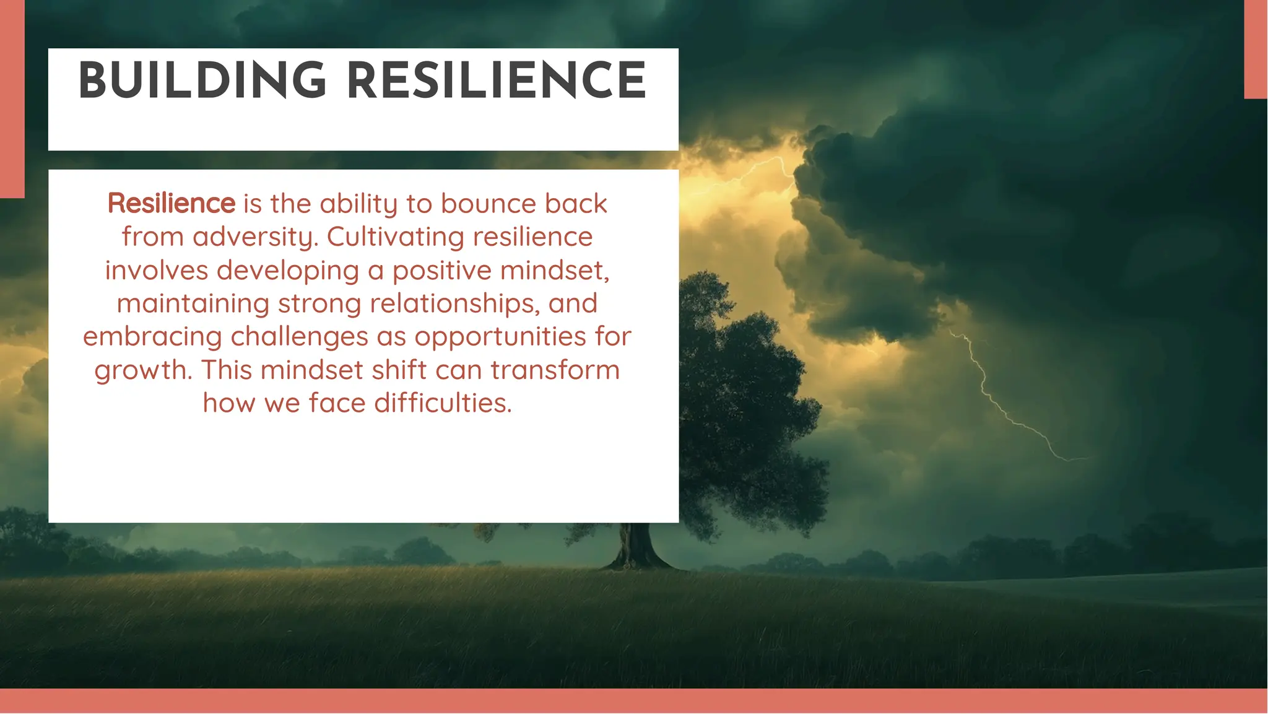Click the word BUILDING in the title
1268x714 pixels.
pos(202,81)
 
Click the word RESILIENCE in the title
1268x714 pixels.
pos(497,81)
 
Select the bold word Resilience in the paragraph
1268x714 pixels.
pos(171,203)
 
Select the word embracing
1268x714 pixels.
pos(152,337)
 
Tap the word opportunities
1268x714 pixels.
pos(500,337)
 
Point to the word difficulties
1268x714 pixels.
pos(443,403)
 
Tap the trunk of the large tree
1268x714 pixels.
pos(638,545)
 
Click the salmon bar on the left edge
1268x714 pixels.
pos(12,99)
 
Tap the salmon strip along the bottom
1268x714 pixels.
pos(634,701)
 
